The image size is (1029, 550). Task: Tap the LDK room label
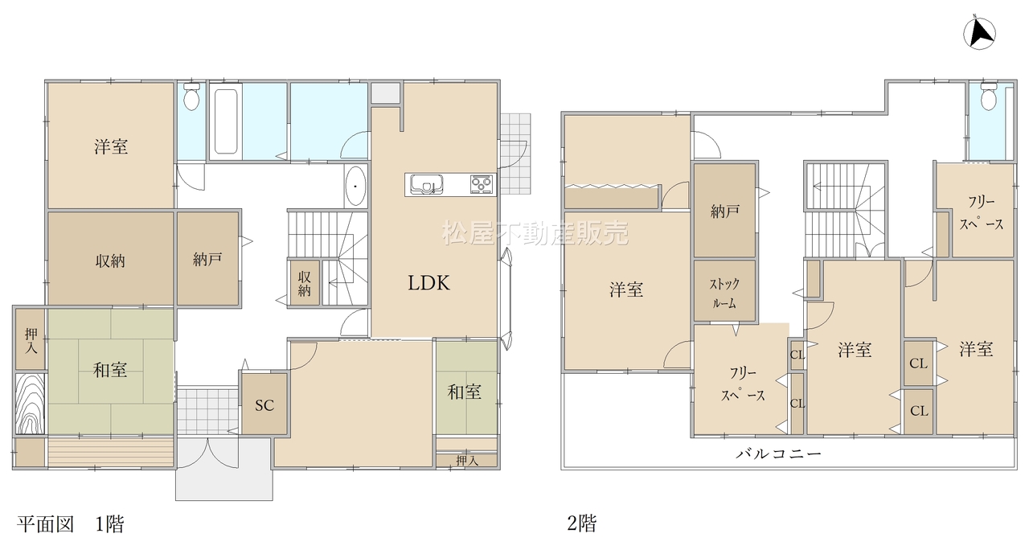pos(429,283)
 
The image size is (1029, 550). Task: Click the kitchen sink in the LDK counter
pos(427,185)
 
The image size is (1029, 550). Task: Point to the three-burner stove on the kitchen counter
pos(482,185)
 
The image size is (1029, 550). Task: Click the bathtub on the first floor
pos(226,121)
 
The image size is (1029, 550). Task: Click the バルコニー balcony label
pos(778,454)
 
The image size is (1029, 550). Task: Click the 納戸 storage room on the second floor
pos(724,210)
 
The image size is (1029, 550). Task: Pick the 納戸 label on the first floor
pos(207,260)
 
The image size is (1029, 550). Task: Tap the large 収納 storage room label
pos(110,261)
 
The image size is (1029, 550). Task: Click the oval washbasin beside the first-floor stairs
pos(355,186)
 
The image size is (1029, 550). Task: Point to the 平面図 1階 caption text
pos(70,523)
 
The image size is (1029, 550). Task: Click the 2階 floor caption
pos(582,523)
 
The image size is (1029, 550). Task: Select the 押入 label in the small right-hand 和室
pos(467,461)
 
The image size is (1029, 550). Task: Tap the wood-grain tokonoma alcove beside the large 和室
pos(31,404)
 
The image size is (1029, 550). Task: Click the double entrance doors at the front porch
pos(208,454)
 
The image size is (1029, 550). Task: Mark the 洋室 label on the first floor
pos(111,146)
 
